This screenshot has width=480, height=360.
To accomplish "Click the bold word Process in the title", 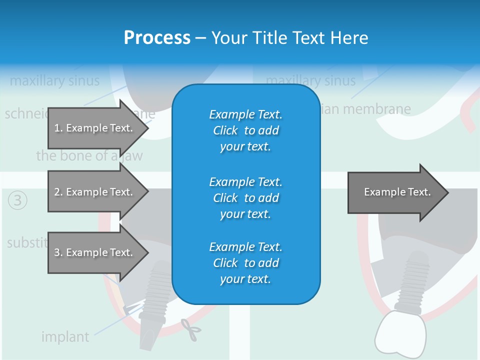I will coord(157,37).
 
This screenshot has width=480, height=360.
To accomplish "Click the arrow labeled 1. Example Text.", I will coord(93,128).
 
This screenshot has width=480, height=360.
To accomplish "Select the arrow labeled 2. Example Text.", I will coord(93,192).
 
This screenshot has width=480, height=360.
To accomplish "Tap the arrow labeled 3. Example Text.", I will coord(93,252).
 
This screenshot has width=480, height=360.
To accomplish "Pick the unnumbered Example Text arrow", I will coord(397,192).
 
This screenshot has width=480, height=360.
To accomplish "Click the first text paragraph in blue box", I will coord(245,130).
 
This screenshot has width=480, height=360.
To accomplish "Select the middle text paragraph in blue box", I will coord(245,197).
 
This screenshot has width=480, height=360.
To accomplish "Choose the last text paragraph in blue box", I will coord(245,263).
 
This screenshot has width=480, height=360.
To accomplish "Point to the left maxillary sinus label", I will coord(54,80).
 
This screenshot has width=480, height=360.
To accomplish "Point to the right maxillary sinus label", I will coord(310,80).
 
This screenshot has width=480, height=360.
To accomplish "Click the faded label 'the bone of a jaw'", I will coord(89,155).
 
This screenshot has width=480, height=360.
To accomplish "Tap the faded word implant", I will coord(65,336).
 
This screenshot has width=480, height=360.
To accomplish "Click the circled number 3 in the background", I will coord(17,201).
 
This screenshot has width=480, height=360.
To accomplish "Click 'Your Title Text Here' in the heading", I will coord(289,37).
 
